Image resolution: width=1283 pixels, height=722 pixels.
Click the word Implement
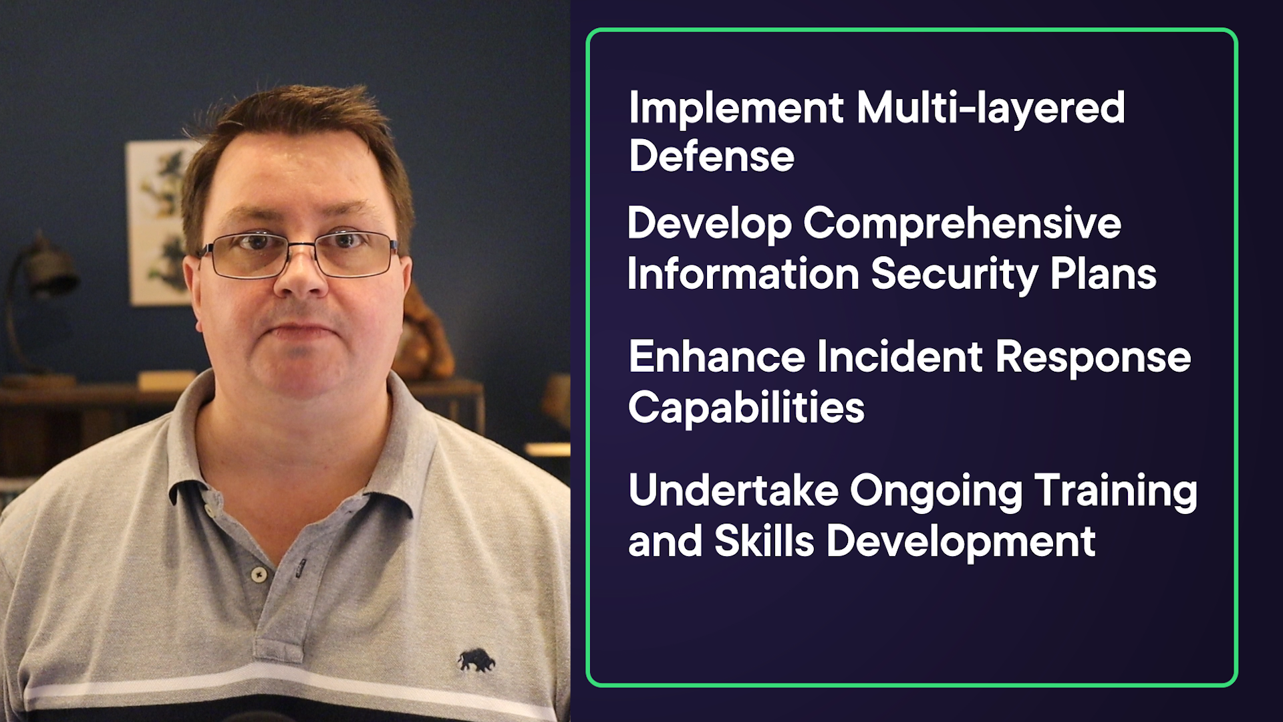point(736,108)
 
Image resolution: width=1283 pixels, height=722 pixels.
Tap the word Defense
point(712,156)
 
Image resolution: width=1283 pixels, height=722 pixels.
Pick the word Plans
point(1103,274)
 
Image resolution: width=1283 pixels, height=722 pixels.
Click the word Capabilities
point(746,408)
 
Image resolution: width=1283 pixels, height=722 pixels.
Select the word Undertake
point(734,491)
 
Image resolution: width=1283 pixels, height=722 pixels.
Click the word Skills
point(764,541)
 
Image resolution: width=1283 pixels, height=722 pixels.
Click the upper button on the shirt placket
point(259,574)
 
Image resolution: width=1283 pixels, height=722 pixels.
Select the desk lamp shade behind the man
point(49,270)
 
